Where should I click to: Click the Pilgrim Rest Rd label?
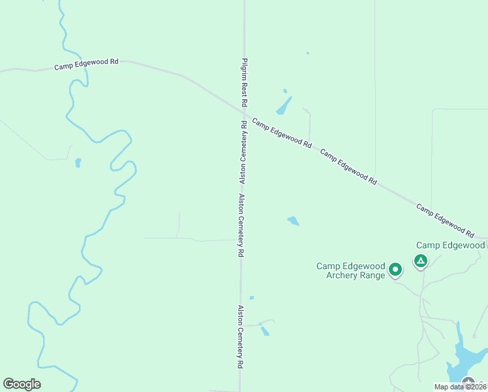click(x=244, y=82)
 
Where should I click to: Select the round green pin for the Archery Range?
click(x=395, y=269)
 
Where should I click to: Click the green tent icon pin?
click(x=421, y=262)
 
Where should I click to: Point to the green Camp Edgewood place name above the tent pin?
click(x=450, y=246)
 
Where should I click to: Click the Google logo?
click(x=22, y=384)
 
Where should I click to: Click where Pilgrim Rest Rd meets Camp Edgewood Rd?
click(x=244, y=112)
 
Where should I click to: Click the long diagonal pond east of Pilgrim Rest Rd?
click(x=284, y=105)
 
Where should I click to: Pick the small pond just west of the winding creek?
click(x=78, y=163)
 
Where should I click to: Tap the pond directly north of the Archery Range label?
click(x=293, y=221)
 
